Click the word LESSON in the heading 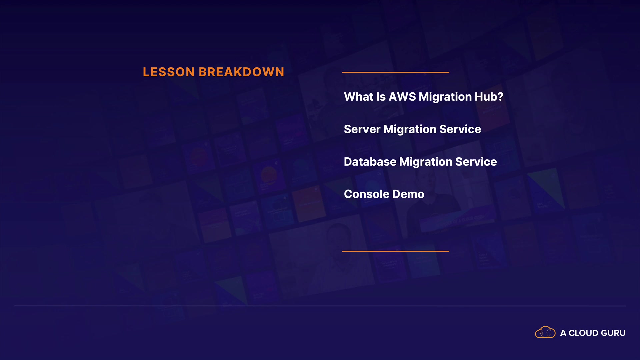[169, 72]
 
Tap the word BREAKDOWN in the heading [242, 72]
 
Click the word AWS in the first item [402, 97]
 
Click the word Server [362, 129]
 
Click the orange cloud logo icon [545, 332]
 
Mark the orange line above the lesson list [396, 72]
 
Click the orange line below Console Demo [396, 251]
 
